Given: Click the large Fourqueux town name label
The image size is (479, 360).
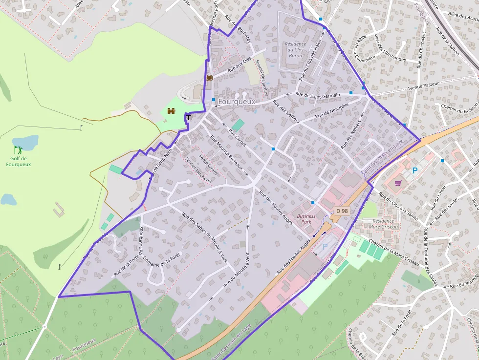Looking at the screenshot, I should tap(237, 102).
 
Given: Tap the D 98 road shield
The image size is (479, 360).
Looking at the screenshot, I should tap(342, 211).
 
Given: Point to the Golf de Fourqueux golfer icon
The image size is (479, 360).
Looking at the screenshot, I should tap(18, 149).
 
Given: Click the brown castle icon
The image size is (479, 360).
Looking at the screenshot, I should tap(171, 111).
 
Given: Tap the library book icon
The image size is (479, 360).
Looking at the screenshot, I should tap(210, 78).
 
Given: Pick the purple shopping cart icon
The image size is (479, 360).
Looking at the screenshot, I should tap(398, 183).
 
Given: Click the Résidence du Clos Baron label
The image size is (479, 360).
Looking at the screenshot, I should tap(295, 50).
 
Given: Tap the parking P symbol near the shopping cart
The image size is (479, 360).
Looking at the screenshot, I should tap(415, 170).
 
